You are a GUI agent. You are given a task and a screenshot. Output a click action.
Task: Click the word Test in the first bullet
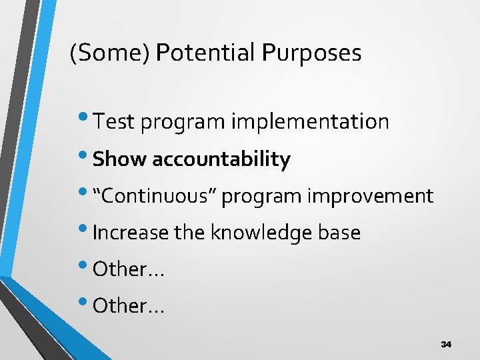click(114, 122)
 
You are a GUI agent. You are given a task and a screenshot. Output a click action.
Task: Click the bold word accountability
click(221, 159)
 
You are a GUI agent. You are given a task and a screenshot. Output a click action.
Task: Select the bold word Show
click(120, 159)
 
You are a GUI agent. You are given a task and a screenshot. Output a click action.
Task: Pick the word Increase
click(131, 233)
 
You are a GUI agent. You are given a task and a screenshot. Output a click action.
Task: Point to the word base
click(341, 233)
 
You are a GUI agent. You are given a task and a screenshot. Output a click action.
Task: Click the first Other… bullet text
click(129, 269)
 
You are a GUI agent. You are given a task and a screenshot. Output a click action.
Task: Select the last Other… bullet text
click(129, 306)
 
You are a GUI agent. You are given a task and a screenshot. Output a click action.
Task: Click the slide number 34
click(446, 344)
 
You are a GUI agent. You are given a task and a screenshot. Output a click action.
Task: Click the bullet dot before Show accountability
click(87, 156)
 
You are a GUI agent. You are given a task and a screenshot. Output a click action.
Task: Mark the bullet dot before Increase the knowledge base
click(87, 229)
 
